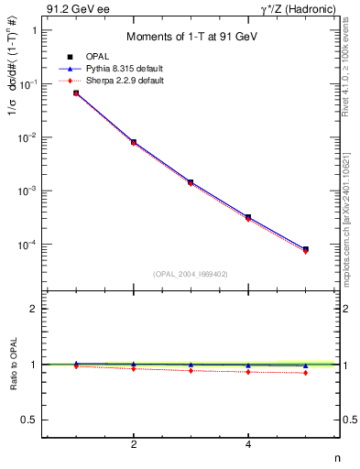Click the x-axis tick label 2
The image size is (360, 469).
pyautogui.click(x=134, y=444)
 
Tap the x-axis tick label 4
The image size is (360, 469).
pyautogui.click(x=248, y=444)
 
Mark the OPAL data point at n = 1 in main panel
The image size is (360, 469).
pyautogui.click(x=76, y=93)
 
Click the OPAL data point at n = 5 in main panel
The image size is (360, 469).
pyautogui.click(x=306, y=249)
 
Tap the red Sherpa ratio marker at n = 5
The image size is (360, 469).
pyautogui.click(x=306, y=373)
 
